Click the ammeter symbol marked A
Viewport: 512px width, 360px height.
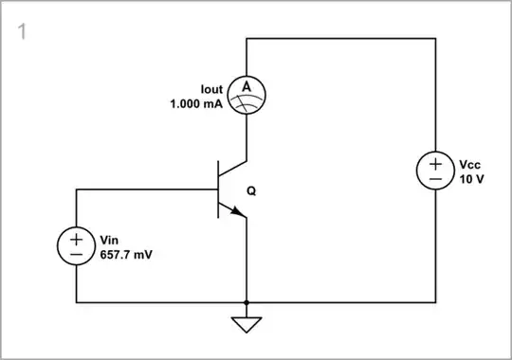click(x=247, y=94)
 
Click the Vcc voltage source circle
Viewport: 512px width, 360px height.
click(x=435, y=171)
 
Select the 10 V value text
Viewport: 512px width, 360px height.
click(x=470, y=179)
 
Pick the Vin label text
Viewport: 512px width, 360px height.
click(x=109, y=240)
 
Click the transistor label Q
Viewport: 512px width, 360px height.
click(x=251, y=190)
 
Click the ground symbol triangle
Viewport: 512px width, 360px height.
click(x=247, y=324)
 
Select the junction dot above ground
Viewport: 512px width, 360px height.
click(x=247, y=302)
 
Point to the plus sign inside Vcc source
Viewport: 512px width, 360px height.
click(x=435, y=162)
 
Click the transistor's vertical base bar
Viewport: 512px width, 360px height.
click(x=219, y=189)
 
